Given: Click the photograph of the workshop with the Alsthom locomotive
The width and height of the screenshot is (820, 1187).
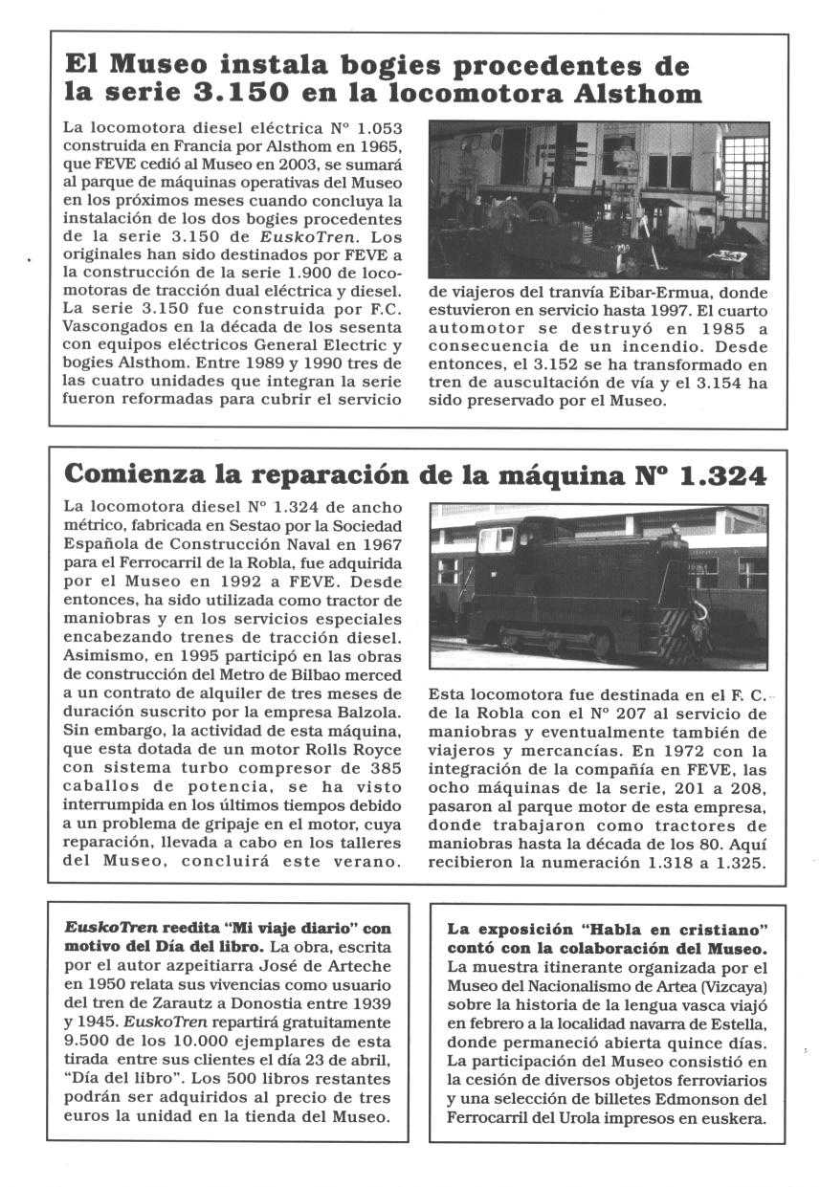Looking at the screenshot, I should tap(598, 198).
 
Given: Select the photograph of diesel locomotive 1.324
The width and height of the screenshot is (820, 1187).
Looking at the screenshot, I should tap(598, 585).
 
